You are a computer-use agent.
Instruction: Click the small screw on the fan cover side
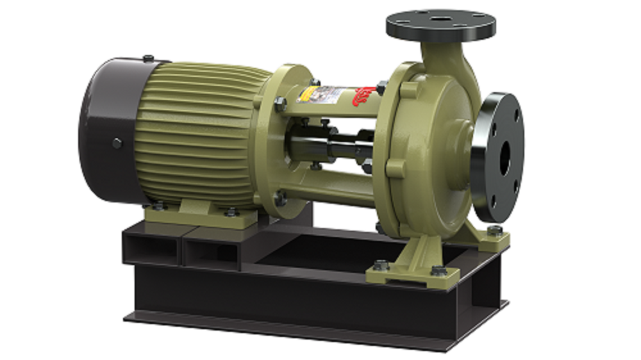pyautogui.click(x=117, y=143)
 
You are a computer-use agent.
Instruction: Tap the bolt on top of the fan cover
pyautogui.click(x=148, y=59)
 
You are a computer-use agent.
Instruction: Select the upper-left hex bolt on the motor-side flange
pyautogui.click(x=280, y=104)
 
